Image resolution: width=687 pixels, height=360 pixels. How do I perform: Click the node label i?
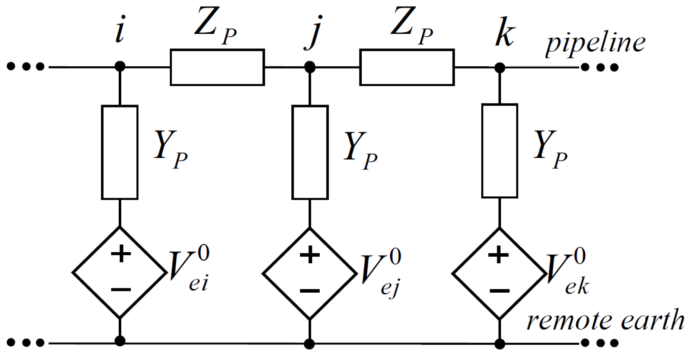tap(120, 30)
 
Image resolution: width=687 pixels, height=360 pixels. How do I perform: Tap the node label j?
tap(313, 33)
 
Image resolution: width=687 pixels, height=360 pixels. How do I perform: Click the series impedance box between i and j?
tap(217, 67)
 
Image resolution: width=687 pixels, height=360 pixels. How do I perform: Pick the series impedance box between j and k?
tap(407, 67)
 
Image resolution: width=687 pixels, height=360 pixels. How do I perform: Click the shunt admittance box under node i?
tap(120, 152)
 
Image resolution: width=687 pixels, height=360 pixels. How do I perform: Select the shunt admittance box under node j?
tap(310, 152)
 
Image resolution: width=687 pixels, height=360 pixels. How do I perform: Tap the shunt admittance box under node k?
tap(499, 151)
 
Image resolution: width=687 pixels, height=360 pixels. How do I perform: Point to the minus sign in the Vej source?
tap(310, 291)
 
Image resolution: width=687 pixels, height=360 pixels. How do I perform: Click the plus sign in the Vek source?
tap(498, 255)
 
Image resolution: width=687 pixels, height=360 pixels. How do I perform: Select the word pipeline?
tap(595, 44)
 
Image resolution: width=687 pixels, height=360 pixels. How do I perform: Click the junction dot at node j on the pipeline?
tap(310, 67)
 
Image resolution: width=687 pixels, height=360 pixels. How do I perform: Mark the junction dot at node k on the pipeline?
tap(499, 68)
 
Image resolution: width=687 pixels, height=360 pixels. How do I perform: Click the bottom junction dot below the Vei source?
tap(120, 341)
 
